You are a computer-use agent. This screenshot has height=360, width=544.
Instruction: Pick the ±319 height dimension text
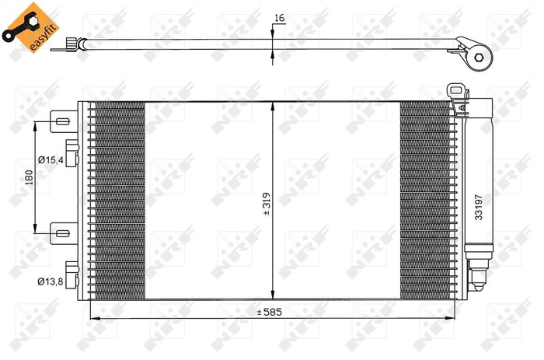267,204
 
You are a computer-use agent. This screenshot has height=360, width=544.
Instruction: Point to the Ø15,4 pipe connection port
71,154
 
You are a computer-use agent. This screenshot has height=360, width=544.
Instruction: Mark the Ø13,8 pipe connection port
71,274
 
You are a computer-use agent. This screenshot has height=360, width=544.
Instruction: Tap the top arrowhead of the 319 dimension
271,106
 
